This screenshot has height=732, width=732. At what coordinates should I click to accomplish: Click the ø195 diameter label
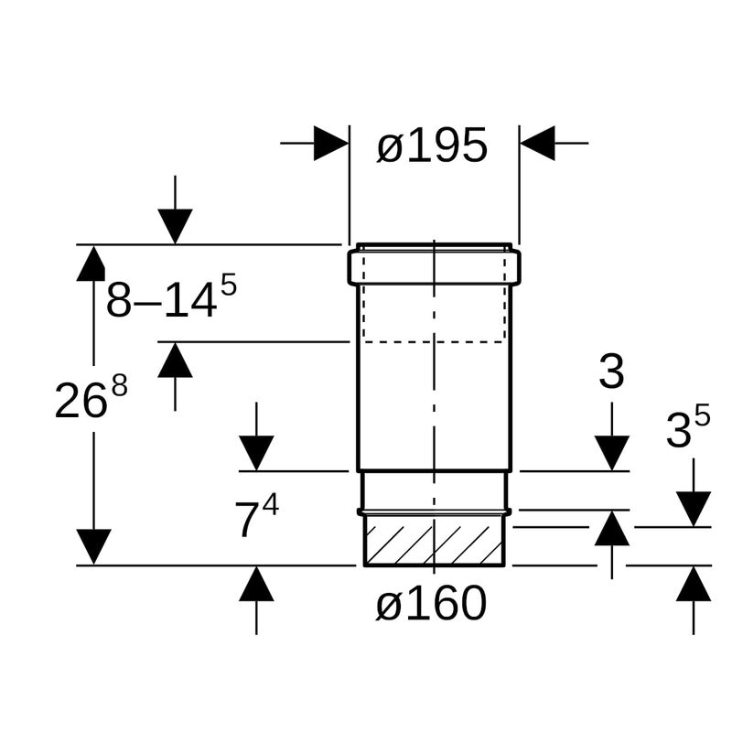click(432, 145)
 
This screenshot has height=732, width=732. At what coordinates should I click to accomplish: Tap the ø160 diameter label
click(431, 603)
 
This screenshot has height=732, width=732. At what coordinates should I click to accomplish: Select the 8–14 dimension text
click(171, 296)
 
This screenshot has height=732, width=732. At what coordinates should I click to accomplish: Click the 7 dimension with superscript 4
click(256, 516)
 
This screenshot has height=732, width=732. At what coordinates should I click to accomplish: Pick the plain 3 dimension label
click(611, 371)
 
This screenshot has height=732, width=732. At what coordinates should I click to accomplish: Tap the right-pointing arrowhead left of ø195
click(331, 143)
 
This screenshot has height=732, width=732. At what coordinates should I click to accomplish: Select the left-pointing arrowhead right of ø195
click(537, 143)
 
